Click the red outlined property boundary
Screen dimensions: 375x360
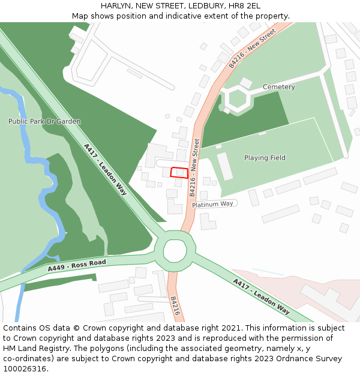pyautogui.click(x=179, y=172)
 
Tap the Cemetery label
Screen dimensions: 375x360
pyautogui.click(x=278, y=87)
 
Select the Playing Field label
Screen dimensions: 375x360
pyautogui.click(x=265, y=158)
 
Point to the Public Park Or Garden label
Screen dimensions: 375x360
pyautogui.click(x=44, y=121)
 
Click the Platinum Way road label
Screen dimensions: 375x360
pyautogui.click(x=212, y=204)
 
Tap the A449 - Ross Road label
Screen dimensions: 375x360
pyautogui.click(x=77, y=265)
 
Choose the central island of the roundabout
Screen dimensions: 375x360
pyautogui.click(x=175, y=250)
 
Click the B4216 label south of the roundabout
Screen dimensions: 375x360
pyautogui.click(x=175, y=305)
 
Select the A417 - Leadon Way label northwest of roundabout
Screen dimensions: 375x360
pyautogui.click(x=105, y=169)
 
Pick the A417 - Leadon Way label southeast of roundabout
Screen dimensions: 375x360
pyautogui.click(x=261, y=296)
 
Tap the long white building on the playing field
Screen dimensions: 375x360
pyautogui.click(x=224, y=166)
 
